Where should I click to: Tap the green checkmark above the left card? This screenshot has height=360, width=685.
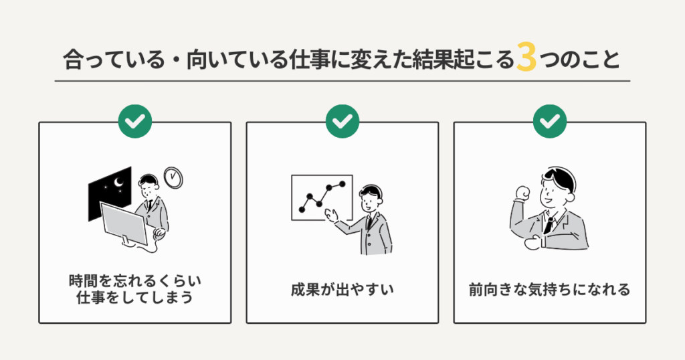point(134,121)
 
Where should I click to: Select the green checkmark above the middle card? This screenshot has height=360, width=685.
point(342,121)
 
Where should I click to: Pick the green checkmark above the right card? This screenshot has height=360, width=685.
point(550,121)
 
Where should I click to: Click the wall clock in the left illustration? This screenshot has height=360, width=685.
point(173,177)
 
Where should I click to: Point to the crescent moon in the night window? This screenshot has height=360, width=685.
point(119,183)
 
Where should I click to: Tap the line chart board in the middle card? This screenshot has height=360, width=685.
point(318,197)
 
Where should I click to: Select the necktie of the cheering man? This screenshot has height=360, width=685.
point(549,223)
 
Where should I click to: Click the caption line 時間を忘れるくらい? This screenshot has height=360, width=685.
point(134,281)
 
